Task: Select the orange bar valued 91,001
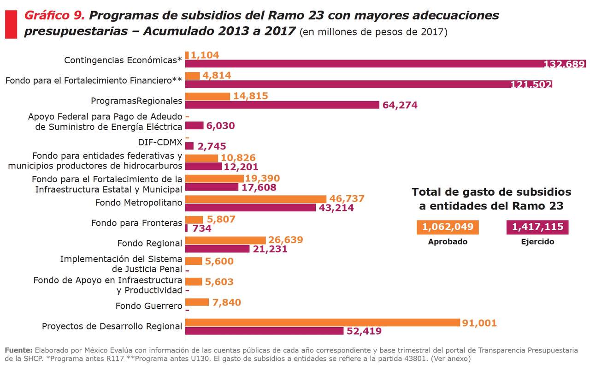[x=323, y=323]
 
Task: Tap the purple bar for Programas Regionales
[x=282, y=105]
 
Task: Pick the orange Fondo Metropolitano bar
[x=256, y=199]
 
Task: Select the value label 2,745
[x=212, y=146]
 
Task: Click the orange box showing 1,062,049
[x=448, y=227]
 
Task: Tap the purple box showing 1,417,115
[x=537, y=227]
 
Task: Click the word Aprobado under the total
[x=448, y=241]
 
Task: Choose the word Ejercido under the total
[x=537, y=241]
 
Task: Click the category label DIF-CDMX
[x=160, y=142]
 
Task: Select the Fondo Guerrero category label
[x=148, y=305]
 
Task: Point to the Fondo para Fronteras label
[x=136, y=223]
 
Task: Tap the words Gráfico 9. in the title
[x=54, y=15]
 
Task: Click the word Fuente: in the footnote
[x=18, y=349]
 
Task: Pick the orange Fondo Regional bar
[x=225, y=240]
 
